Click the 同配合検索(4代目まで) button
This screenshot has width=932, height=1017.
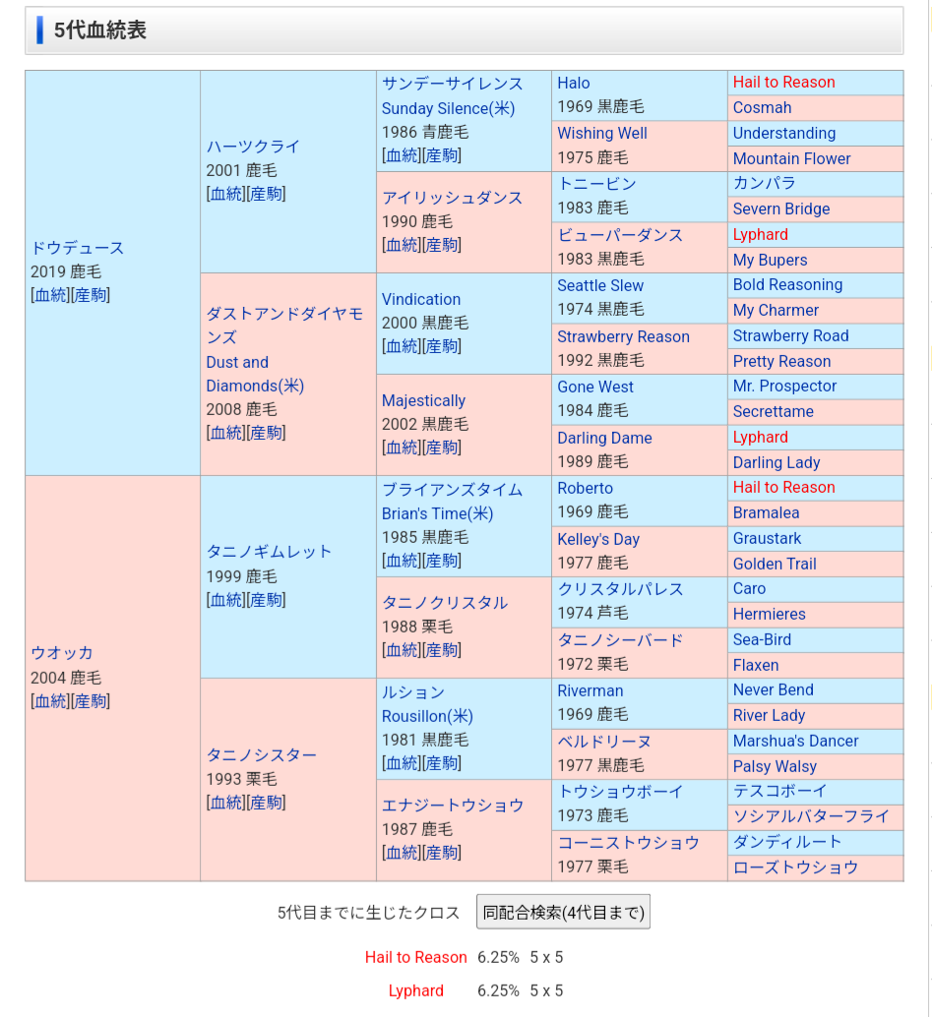(563, 912)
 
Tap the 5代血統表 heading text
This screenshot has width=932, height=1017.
(100, 30)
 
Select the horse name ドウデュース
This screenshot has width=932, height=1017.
(78, 248)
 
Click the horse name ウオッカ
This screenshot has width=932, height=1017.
(62, 653)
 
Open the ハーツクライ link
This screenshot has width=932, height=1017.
(253, 147)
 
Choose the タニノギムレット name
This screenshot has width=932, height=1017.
(269, 552)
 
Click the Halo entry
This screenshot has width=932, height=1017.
(574, 83)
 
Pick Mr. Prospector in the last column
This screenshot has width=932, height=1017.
(784, 387)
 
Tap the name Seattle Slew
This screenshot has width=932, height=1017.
(600, 285)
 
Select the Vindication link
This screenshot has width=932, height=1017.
(421, 299)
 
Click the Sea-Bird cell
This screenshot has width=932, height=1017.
(762, 639)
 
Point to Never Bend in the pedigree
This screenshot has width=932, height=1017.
(773, 689)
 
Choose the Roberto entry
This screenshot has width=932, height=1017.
(585, 488)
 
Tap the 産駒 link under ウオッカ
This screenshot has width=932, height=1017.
(91, 701)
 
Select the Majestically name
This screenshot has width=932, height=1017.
(423, 400)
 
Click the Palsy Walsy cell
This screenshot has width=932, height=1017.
(775, 766)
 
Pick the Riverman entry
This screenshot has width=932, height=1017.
(590, 690)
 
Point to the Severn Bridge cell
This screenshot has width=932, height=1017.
(781, 209)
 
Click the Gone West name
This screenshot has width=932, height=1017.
(595, 387)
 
